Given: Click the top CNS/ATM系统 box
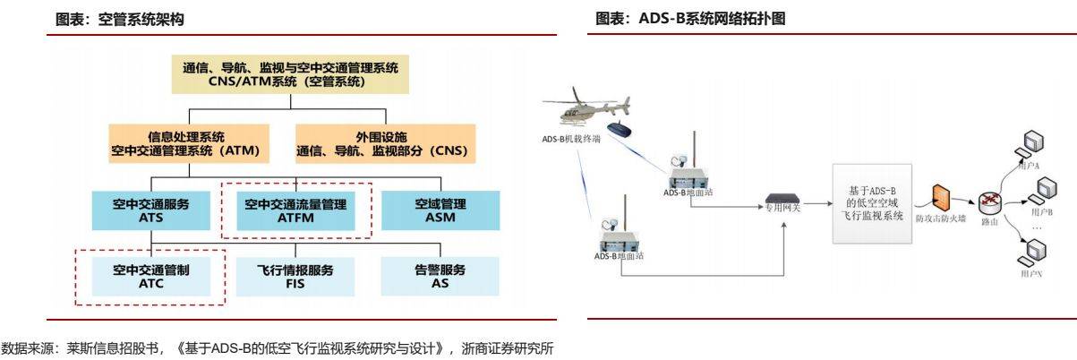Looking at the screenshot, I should [x=290, y=75].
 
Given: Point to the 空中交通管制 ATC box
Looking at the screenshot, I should [x=150, y=276].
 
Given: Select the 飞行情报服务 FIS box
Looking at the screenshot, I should [x=295, y=276].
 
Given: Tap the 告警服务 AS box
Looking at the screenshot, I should [x=440, y=276].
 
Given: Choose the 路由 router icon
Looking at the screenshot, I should [x=989, y=204].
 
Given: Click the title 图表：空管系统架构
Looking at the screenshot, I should [x=121, y=20].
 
